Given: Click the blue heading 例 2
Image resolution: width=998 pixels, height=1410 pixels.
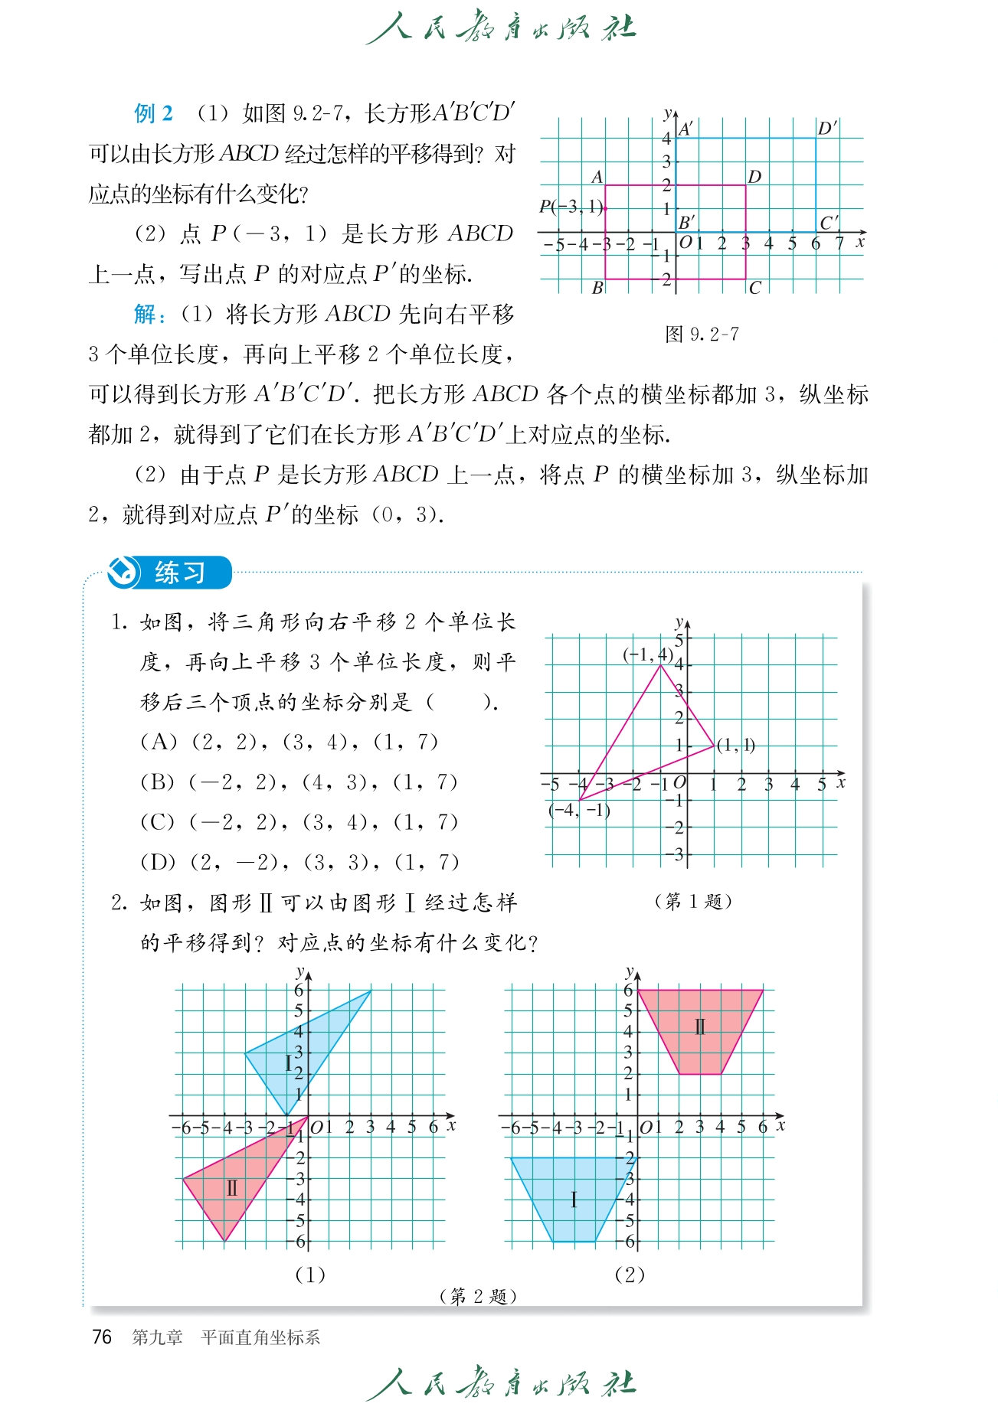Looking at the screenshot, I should coord(153,114).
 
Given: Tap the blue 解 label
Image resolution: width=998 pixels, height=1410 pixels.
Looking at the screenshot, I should coord(146,314).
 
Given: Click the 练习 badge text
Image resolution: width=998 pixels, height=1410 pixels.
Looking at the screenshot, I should coord(180,573).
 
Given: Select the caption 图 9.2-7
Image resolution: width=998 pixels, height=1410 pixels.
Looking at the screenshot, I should coord(702,335).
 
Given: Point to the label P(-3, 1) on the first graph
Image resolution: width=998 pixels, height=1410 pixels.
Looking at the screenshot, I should coord(571,207).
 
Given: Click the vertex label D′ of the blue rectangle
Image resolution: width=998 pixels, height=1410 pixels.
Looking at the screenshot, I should coord(827,129).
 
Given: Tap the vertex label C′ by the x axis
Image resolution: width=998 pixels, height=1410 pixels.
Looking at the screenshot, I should coord(829,223).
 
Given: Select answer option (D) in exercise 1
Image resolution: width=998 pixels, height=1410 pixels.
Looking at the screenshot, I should coord(299,862).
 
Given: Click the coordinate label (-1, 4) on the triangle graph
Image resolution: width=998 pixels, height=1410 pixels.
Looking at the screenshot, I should coord(648,654).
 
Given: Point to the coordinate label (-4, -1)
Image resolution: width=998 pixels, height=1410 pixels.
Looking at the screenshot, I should coord(579,811).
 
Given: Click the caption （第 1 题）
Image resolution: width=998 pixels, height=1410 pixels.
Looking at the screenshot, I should coord(693,902).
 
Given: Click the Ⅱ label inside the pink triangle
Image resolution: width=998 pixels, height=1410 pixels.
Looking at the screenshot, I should coord(232,1189).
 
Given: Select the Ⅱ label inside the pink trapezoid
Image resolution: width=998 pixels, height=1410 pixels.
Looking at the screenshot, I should coord(699,1026).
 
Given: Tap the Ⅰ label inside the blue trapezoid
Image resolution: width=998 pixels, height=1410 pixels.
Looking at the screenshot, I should coord(574,1199).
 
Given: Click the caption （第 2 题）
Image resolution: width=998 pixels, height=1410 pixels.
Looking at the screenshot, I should coord(479,1296).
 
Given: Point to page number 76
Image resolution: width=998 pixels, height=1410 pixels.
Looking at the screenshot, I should coord(102,1337).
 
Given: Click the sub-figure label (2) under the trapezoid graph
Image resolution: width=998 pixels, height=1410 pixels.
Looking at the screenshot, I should coord(630,1275).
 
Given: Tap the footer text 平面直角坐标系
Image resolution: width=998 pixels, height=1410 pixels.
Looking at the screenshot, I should coord(260,1338).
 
